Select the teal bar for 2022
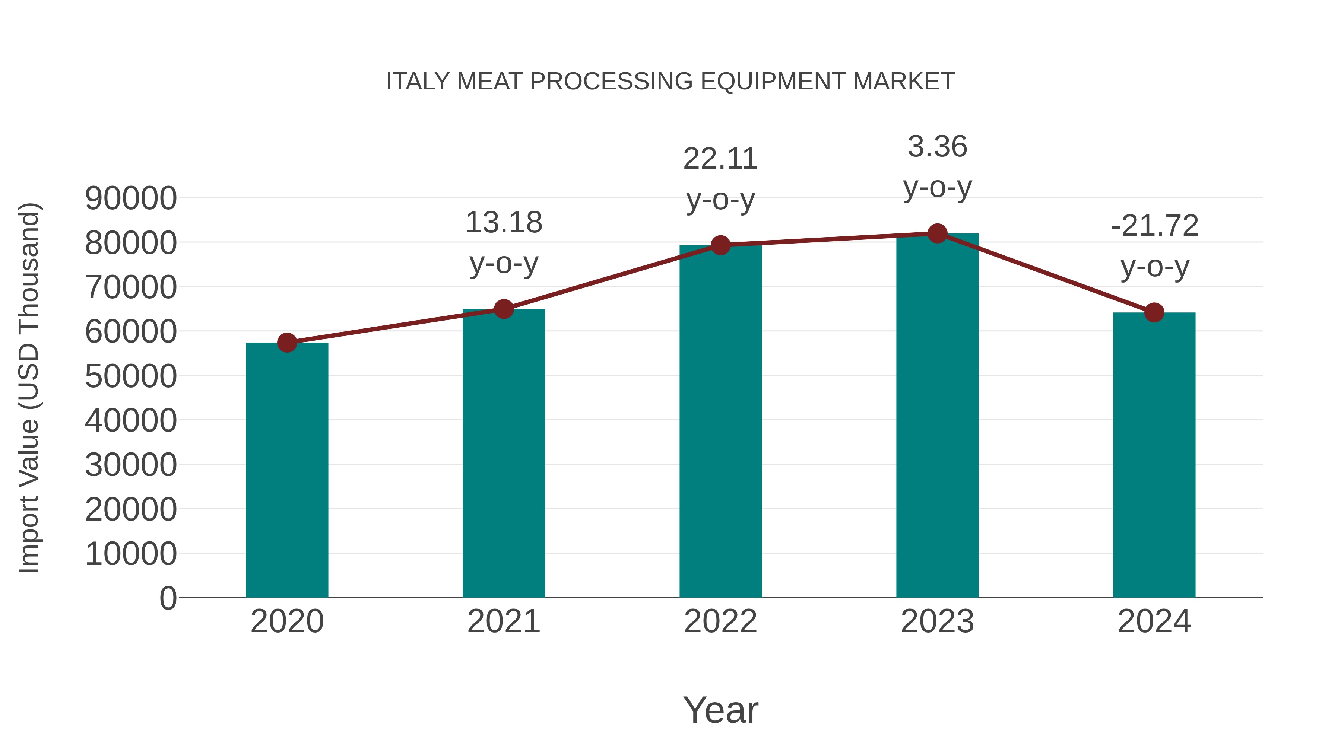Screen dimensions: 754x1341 click(720, 421)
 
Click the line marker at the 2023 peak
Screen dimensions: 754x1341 click(937, 233)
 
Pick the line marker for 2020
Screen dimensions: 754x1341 click(287, 343)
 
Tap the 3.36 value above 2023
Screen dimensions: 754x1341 click(937, 146)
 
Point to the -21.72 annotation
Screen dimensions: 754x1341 click(1154, 226)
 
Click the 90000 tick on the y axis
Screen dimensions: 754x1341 click(131, 198)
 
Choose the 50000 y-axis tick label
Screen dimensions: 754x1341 click(131, 376)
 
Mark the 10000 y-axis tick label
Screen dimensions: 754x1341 click(131, 554)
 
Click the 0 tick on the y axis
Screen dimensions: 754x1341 click(168, 598)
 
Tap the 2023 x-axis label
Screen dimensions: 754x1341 click(937, 621)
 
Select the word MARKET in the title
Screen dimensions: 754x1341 click(903, 81)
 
